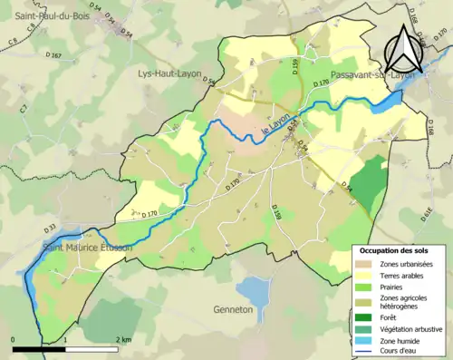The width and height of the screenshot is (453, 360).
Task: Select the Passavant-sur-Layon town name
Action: [372, 75]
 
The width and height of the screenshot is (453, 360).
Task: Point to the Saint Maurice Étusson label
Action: [88, 247]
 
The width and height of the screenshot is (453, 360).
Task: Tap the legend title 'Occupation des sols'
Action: [393, 249]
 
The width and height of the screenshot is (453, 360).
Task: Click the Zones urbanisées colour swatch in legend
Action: [365, 264]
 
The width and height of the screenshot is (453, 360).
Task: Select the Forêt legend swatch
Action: [365, 317]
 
